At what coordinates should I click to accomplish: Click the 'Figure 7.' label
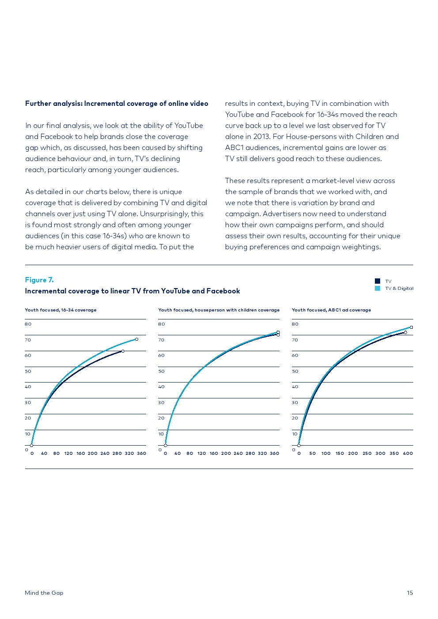pyautogui.click(x=39, y=280)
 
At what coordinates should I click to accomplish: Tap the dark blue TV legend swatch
pyautogui.click(x=378, y=281)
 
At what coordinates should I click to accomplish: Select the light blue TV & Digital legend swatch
pyautogui.click(x=378, y=288)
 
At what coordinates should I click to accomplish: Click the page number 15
pyautogui.click(x=410, y=593)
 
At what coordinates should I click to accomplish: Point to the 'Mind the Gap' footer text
pyautogui.click(x=44, y=593)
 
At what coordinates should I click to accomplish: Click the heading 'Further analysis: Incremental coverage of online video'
pyautogui.click(x=117, y=103)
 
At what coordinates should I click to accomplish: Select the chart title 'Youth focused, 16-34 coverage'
pyautogui.click(x=60, y=310)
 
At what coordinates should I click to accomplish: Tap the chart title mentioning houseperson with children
pyautogui.click(x=219, y=310)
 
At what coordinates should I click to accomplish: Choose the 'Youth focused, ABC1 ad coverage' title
pyautogui.click(x=331, y=310)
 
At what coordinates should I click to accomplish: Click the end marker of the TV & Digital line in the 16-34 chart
pyautogui.click(x=136, y=339)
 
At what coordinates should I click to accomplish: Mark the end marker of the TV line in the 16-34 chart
pyautogui.click(x=123, y=351)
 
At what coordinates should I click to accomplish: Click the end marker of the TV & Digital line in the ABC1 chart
pyautogui.click(x=411, y=327)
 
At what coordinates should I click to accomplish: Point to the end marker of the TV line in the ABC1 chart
pyautogui.click(x=405, y=332)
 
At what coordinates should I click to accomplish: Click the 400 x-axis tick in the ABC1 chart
pyautogui.click(x=408, y=453)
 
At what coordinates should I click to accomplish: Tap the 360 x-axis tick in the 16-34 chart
pyautogui.click(x=141, y=453)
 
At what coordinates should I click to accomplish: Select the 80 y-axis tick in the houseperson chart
pyautogui.click(x=162, y=324)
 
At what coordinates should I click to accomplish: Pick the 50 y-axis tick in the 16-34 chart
pyautogui.click(x=28, y=371)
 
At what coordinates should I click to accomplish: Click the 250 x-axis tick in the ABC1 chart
pyautogui.click(x=367, y=453)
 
